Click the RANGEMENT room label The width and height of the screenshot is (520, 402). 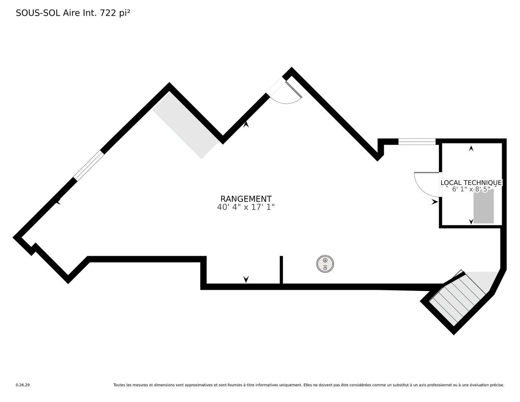tap(246, 199)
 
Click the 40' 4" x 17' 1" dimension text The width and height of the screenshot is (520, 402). tap(246, 207)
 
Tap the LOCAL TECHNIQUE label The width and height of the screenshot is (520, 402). tap(471, 183)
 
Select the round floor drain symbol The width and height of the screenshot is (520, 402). tap(325, 264)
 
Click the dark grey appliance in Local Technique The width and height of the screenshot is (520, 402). tap(483, 206)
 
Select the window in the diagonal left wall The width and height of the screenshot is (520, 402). tap(89, 165)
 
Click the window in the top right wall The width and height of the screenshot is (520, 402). tap(417, 142)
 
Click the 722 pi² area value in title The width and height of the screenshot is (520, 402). tap(115, 13)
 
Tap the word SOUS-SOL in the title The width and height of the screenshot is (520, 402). tap(38, 13)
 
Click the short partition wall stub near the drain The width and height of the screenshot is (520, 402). tap(281, 270)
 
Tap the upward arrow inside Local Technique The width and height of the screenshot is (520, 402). tap(471, 149)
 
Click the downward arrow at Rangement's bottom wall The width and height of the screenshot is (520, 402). tap(246, 279)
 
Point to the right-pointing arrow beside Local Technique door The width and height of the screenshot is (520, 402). tap(435, 202)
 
